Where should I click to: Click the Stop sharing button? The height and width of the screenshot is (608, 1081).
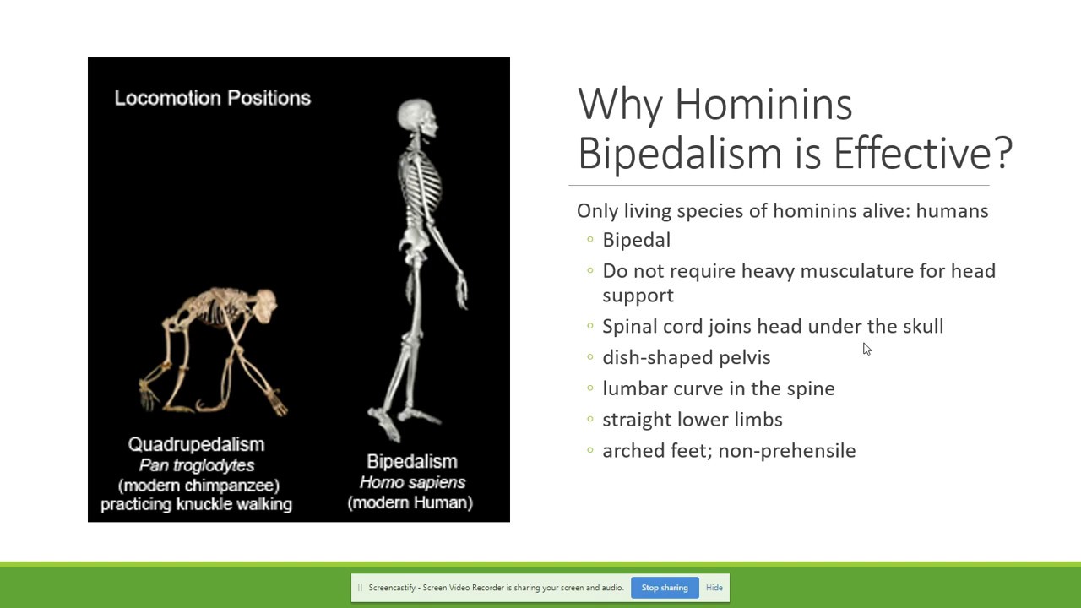coord(665,588)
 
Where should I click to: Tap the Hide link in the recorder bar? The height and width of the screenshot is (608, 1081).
coord(714,588)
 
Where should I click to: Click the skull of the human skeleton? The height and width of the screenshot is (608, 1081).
coord(419,118)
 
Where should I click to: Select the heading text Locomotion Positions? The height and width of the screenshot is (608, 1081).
coord(212,98)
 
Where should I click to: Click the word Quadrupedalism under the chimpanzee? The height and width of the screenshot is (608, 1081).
coord(196,444)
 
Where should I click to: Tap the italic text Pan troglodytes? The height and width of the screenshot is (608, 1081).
coord(196,465)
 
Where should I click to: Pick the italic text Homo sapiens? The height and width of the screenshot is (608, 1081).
coord(412,482)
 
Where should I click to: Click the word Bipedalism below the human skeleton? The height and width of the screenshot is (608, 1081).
coord(411,461)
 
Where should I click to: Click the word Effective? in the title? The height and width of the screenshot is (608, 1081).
coord(922,153)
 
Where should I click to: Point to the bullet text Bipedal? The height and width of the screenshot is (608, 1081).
coord(636,240)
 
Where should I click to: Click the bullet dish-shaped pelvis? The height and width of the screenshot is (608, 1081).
coord(686,357)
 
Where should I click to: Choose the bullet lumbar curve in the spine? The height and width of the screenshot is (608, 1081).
coord(718,388)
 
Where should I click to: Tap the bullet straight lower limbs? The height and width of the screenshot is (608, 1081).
coord(692,420)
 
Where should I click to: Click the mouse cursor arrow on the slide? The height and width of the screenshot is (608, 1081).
coord(866,349)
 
